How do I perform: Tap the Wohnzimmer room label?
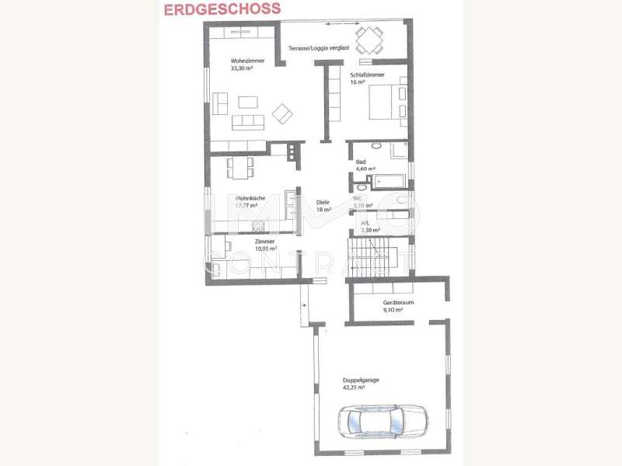246,61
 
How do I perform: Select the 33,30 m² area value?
244,68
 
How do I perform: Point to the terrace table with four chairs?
369,37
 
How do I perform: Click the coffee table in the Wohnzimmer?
248,103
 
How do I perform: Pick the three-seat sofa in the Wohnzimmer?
248,121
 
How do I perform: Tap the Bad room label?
361,162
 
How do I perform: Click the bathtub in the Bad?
389,182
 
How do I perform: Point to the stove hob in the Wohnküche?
292,152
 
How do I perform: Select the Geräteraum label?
397,302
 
